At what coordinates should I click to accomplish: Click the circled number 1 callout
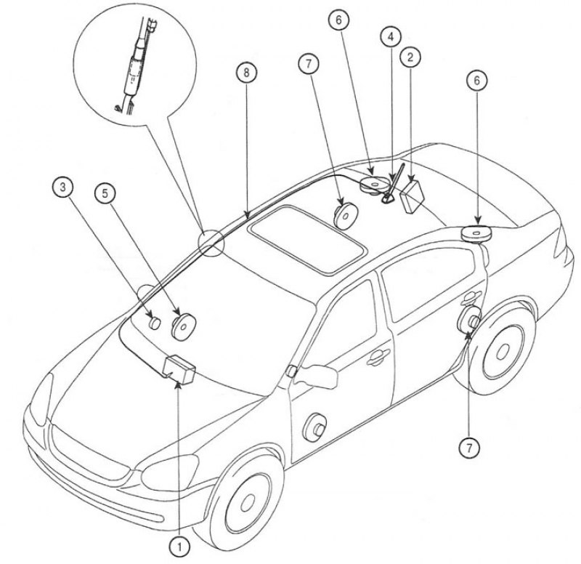point(178,544)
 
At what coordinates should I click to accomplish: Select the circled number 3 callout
point(64,188)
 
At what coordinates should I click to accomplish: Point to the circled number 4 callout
point(391,36)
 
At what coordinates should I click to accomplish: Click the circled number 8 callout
point(246,73)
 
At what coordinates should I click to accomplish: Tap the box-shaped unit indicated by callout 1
point(181,368)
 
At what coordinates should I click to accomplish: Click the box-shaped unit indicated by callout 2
point(413,193)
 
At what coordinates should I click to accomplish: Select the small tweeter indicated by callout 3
point(154,321)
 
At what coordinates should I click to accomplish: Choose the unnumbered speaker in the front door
point(315,427)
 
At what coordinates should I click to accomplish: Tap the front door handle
point(376,356)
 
